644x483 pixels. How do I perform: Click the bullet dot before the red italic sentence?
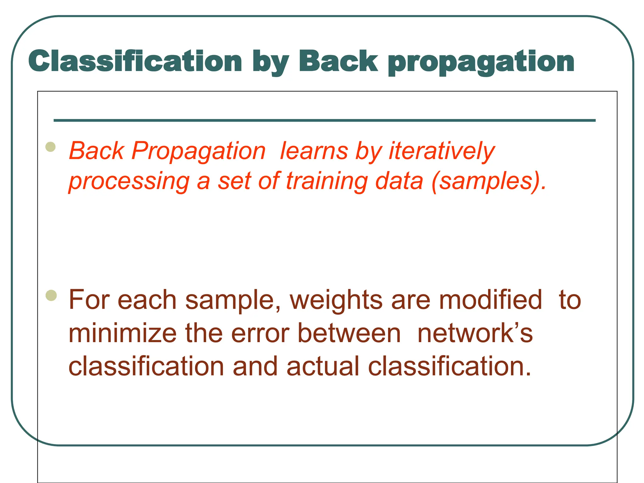(51, 147)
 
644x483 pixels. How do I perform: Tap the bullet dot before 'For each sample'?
(51, 295)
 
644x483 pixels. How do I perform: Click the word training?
(327, 181)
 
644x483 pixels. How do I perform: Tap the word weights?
(336, 300)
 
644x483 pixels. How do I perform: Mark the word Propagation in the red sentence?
(198, 152)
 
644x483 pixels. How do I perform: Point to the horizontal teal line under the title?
(325, 120)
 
